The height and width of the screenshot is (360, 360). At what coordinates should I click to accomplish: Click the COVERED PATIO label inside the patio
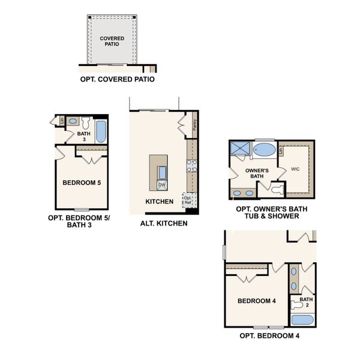pos(112,41)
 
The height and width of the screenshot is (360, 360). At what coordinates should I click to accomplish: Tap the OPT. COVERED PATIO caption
pos(117,79)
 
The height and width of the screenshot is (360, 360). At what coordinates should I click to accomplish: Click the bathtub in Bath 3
pos(100,130)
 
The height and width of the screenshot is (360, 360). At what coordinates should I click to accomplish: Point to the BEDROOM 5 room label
pos(82,182)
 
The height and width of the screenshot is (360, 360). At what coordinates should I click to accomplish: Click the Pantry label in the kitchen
pos(196,125)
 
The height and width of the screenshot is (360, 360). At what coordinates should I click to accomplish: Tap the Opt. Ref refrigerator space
pos(188,200)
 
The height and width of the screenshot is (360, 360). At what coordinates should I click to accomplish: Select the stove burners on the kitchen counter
pos(191,166)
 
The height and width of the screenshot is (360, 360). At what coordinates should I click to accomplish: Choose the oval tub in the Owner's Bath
pos(265,149)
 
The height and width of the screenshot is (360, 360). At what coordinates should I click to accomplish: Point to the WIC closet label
pos(295,169)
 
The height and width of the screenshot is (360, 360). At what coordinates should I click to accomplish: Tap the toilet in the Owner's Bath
pos(275,190)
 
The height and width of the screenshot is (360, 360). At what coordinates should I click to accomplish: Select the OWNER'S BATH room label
pos(256,173)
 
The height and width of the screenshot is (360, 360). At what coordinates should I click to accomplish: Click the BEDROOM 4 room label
pos(256,301)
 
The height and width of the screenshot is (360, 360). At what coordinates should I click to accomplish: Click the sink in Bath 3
pos(72,121)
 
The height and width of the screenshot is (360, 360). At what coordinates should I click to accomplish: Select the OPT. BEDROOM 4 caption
pos(269,336)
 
